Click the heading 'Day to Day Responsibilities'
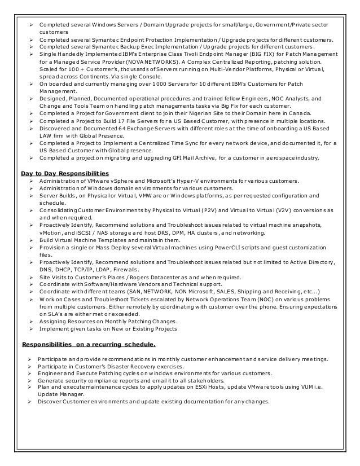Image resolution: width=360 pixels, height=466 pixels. pos(65,173)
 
